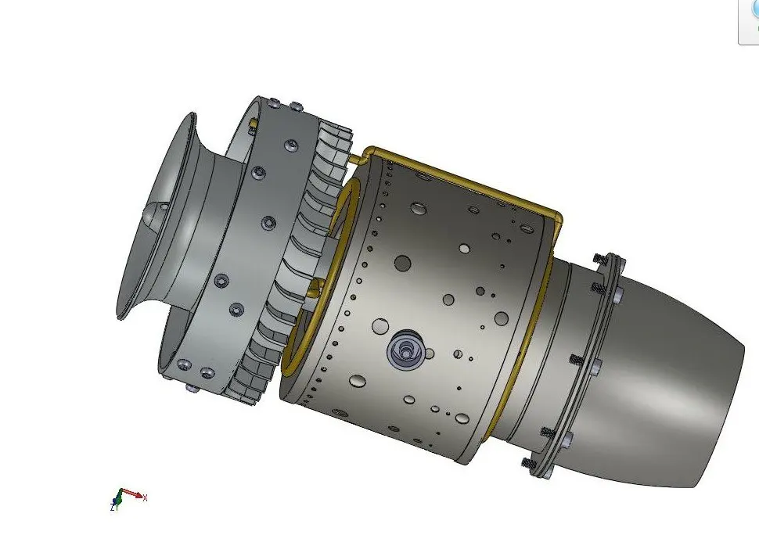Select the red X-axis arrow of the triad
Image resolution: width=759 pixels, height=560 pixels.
(133, 494)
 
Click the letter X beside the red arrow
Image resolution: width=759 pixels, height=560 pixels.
(146, 497)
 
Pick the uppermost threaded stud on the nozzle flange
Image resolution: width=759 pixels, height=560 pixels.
(601, 258)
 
